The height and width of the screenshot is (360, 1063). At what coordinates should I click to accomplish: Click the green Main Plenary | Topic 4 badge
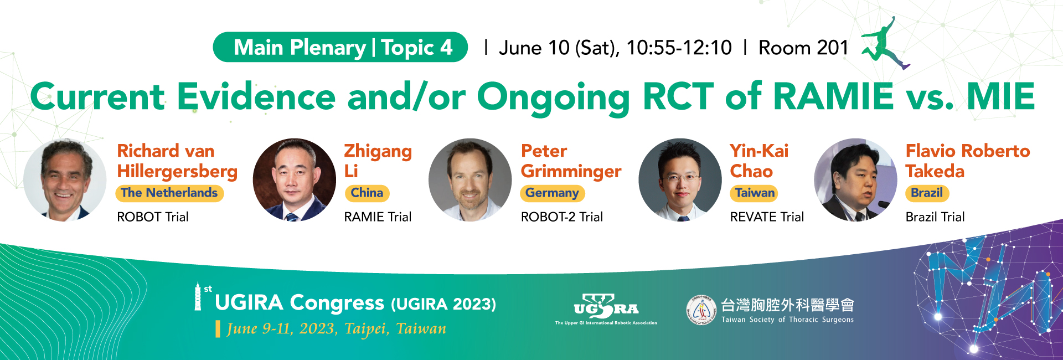tap(340, 47)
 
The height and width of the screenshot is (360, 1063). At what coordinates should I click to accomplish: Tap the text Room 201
tap(803, 48)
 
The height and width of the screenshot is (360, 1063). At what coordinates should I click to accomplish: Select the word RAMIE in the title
tap(833, 96)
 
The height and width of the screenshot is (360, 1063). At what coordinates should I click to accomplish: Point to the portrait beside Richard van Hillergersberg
tap(65, 179)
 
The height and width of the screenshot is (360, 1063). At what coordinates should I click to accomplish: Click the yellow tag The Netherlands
tap(169, 193)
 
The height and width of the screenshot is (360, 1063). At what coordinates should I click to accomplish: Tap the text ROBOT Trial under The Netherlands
tap(153, 217)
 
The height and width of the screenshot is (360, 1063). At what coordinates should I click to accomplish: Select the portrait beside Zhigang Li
tap(294, 179)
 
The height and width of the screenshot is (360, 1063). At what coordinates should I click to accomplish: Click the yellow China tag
tap(367, 193)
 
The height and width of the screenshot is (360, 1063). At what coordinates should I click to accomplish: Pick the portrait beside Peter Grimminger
tap(470, 179)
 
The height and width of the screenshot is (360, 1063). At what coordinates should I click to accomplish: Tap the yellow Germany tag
tap(552, 193)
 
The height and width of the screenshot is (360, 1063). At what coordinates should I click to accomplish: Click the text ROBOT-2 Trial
tap(562, 217)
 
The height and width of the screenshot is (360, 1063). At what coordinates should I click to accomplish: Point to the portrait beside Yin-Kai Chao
tap(680, 179)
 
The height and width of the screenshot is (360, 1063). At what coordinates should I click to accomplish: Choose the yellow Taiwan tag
tap(755, 193)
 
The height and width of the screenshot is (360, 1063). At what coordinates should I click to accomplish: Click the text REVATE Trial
tap(767, 217)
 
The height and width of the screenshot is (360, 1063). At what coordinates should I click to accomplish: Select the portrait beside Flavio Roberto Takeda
tap(855, 179)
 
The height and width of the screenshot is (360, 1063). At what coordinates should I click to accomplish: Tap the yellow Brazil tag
tap(927, 193)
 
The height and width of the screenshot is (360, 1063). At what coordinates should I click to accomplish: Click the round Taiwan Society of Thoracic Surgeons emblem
tap(701, 310)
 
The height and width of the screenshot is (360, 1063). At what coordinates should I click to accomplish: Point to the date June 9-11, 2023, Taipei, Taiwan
tap(337, 329)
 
